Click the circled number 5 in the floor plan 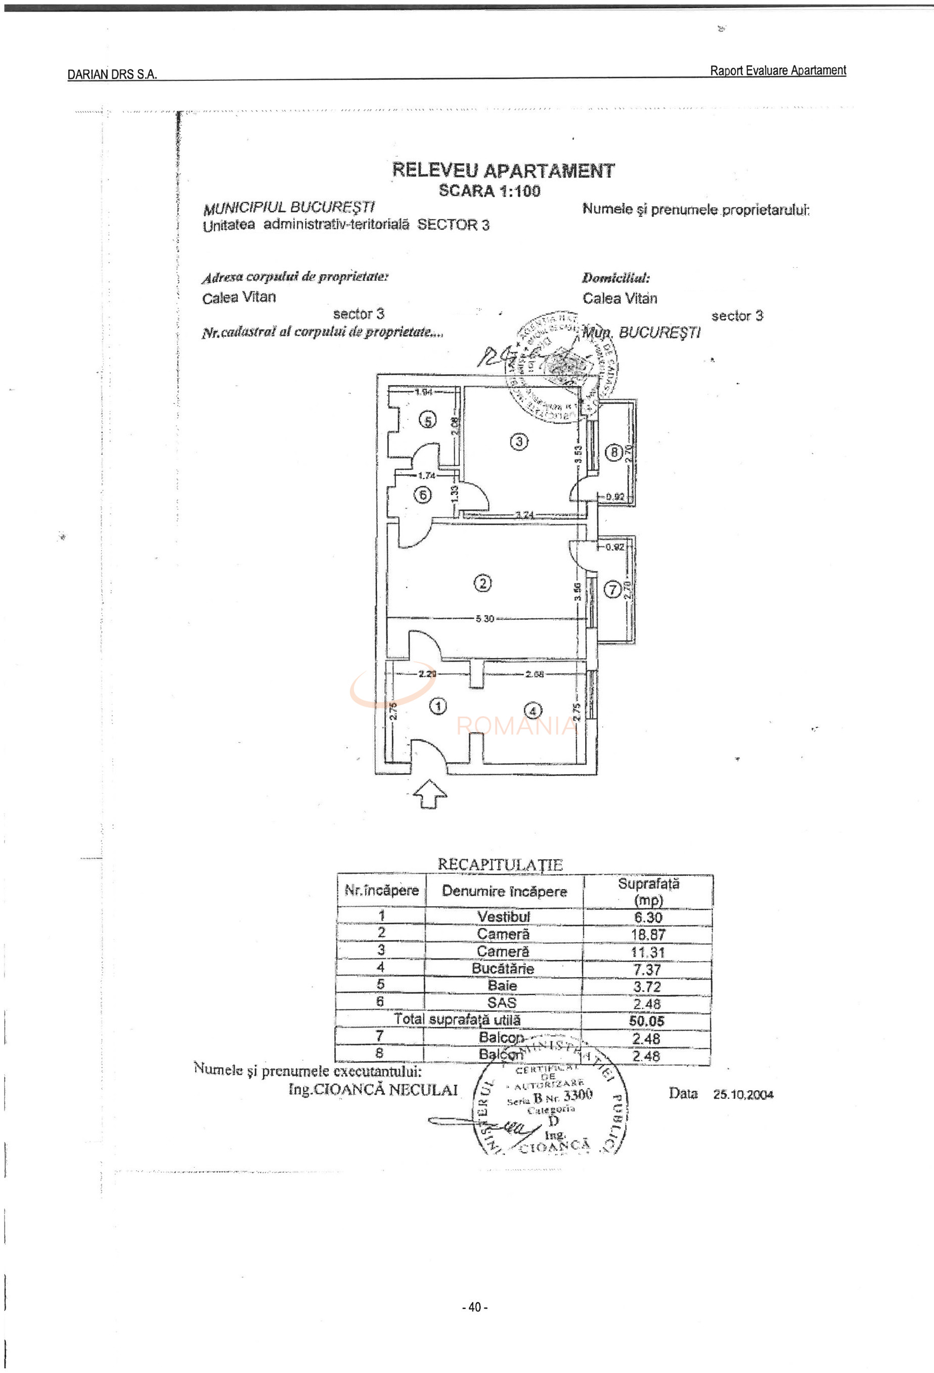427,420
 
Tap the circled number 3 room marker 519,441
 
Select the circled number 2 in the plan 482,584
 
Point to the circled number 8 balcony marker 614,453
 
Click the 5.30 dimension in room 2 484,618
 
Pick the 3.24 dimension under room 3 524,515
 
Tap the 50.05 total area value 646,1021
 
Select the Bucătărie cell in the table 503,969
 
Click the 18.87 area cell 647,935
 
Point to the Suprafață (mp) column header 648,892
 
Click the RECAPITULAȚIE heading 500,864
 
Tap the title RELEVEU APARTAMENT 503,171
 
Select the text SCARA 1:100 489,191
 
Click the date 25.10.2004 742,1094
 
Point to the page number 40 474,1307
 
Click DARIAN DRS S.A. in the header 112,74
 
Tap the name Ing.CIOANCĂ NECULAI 373,1090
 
